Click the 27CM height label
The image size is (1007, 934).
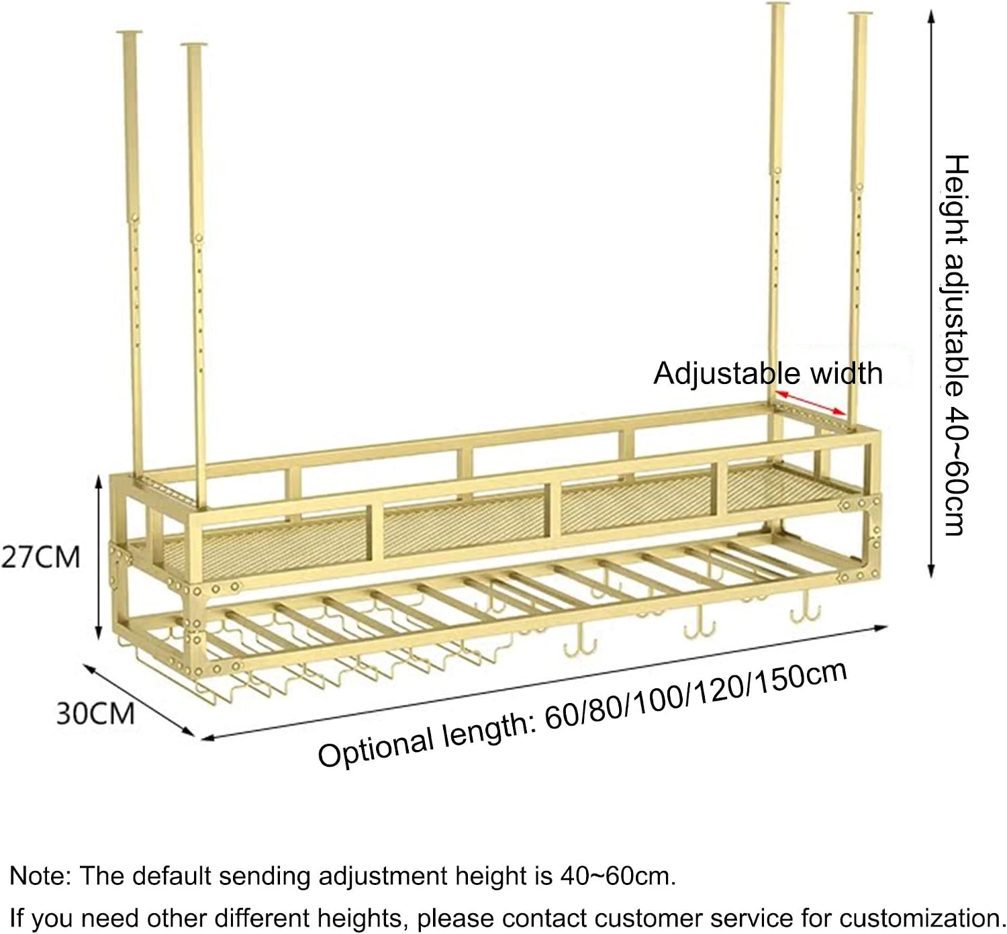pyautogui.click(x=40, y=557)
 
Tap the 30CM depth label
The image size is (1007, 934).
pyautogui.click(x=95, y=714)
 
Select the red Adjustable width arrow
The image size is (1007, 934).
pyautogui.click(x=811, y=403)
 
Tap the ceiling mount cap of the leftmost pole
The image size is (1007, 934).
pyautogui.click(x=130, y=32)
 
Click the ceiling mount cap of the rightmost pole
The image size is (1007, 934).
pyautogui.click(x=860, y=13)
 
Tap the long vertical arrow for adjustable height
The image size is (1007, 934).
pyautogui.click(x=931, y=293)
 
